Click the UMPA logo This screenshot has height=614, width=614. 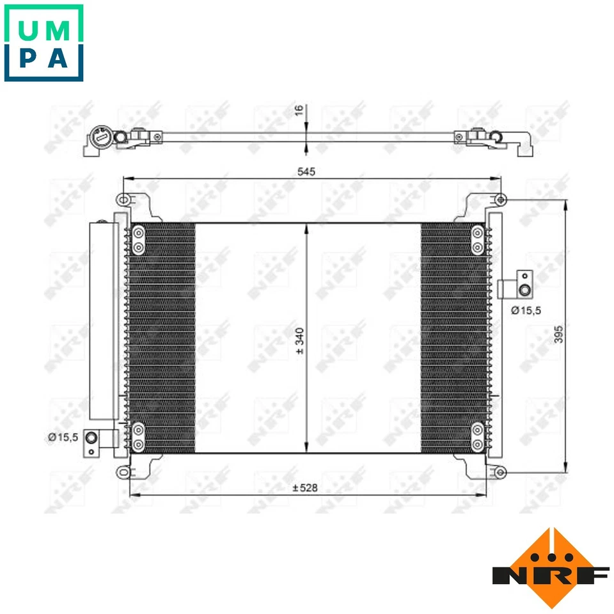coord(43,43)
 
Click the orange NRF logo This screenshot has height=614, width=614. coord(551,567)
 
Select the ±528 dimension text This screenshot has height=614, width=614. coord(304,488)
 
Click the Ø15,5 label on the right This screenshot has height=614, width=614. coord(526,310)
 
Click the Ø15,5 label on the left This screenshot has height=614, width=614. coord(63,437)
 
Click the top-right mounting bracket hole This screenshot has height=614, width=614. coord(501,201)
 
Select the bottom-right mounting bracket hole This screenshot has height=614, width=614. coord(501,473)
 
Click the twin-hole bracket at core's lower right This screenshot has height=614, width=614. coord(477,436)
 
